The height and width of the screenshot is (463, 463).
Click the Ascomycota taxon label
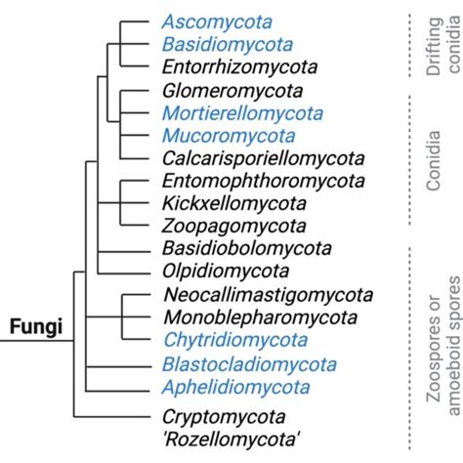coord(204,21)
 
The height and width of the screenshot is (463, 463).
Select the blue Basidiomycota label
coord(214,44)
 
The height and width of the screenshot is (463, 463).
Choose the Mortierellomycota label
coord(230,113)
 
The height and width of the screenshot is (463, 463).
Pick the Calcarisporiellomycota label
coord(252,158)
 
